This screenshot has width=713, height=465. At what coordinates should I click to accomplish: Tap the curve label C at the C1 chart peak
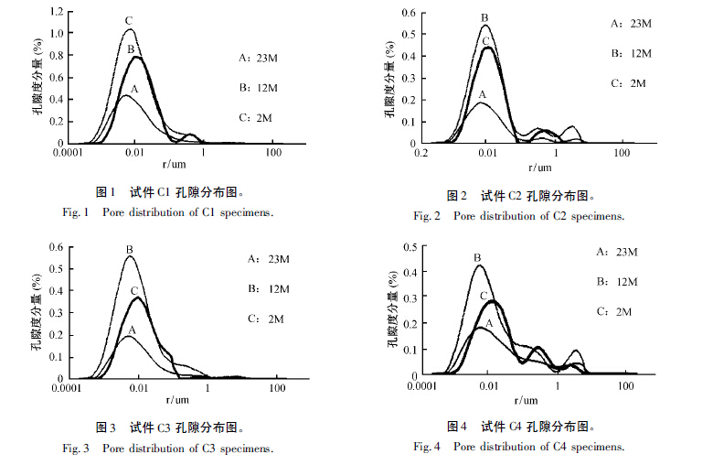click(129, 20)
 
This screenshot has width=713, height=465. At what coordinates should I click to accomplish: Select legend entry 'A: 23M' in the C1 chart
click(256, 57)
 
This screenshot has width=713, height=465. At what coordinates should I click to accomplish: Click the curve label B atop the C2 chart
click(484, 17)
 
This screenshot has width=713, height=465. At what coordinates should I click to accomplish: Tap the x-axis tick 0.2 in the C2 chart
click(421, 154)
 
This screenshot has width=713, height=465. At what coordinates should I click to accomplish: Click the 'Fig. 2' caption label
click(427, 216)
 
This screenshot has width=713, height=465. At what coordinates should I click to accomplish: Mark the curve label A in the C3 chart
click(132, 330)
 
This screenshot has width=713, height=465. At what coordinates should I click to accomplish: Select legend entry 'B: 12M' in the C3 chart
click(270, 289)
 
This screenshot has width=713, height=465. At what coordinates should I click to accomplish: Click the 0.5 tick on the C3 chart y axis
click(56, 268)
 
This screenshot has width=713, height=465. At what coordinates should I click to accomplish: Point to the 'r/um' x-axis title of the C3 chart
click(176, 400)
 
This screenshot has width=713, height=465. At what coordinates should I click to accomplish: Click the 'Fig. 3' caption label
click(75, 448)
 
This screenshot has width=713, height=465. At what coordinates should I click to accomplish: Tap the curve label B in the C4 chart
click(477, 258)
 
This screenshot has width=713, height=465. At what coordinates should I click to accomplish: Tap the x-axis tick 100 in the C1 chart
click(275, 152)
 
